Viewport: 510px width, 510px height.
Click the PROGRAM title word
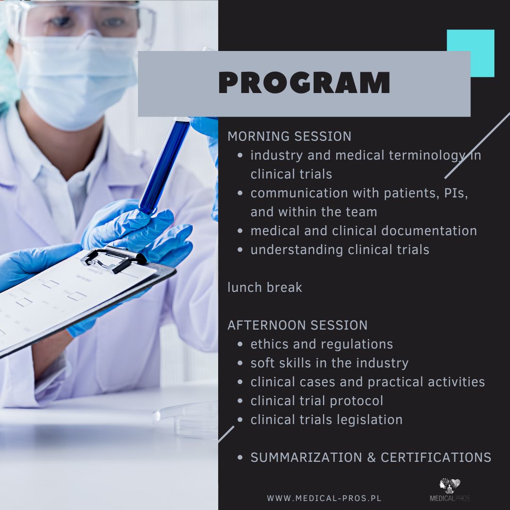pyautogui.click(x=304, y=83)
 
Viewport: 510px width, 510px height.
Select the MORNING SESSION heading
pyautogui.click(x=289, y=136)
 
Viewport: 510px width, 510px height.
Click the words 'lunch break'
pyautogui.click(x=265, y=287)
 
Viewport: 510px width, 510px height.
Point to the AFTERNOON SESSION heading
pyautogui.click(x=297, y=325)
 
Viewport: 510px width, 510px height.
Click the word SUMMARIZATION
pyautogui.click(x=306, y=457)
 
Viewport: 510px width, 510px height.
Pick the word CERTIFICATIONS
pyautogui.click(x=436, y=457)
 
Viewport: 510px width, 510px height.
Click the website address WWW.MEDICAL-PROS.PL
pyautogui.click(x=324, y=498)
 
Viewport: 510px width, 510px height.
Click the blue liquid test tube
pyautogui.click(x=165, y=166)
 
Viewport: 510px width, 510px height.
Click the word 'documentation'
pyautogui.click(x=429, y=231)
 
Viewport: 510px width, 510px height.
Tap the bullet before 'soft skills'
pyautogui.click(x=240, y=363)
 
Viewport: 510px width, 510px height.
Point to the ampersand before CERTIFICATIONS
pyautogui.click(x=372, y=457)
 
